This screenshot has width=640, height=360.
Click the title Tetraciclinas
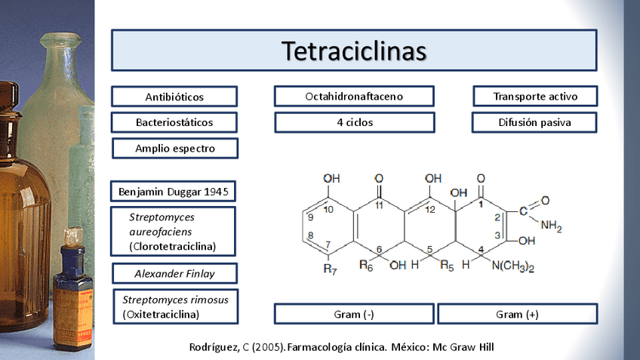354,50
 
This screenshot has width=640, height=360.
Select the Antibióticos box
174,97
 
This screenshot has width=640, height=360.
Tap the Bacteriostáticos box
174,122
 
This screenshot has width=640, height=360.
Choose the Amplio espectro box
175,148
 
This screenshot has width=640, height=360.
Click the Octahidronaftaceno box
354,97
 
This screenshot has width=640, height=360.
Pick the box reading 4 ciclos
354,122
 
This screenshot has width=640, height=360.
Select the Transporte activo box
535,97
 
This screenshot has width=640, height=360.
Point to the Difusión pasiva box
535,122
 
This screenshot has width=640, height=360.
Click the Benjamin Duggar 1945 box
173,191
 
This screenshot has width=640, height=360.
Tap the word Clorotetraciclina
173,246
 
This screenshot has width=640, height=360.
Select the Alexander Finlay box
174,273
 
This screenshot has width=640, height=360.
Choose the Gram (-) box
354,314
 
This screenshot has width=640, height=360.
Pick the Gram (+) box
517,314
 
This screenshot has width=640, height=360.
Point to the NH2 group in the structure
551,224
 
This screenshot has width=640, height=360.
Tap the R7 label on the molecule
330,269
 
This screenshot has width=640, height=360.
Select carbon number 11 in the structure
379,205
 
